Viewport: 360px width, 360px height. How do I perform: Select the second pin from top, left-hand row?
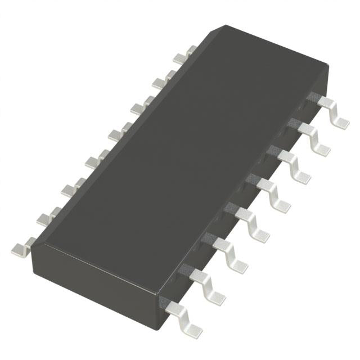(x=160, y=82)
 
